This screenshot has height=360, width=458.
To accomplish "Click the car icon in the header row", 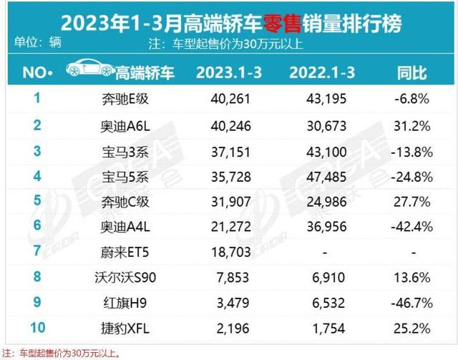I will (89, 71).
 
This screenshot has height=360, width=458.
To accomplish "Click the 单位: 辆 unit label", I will (37, 43).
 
